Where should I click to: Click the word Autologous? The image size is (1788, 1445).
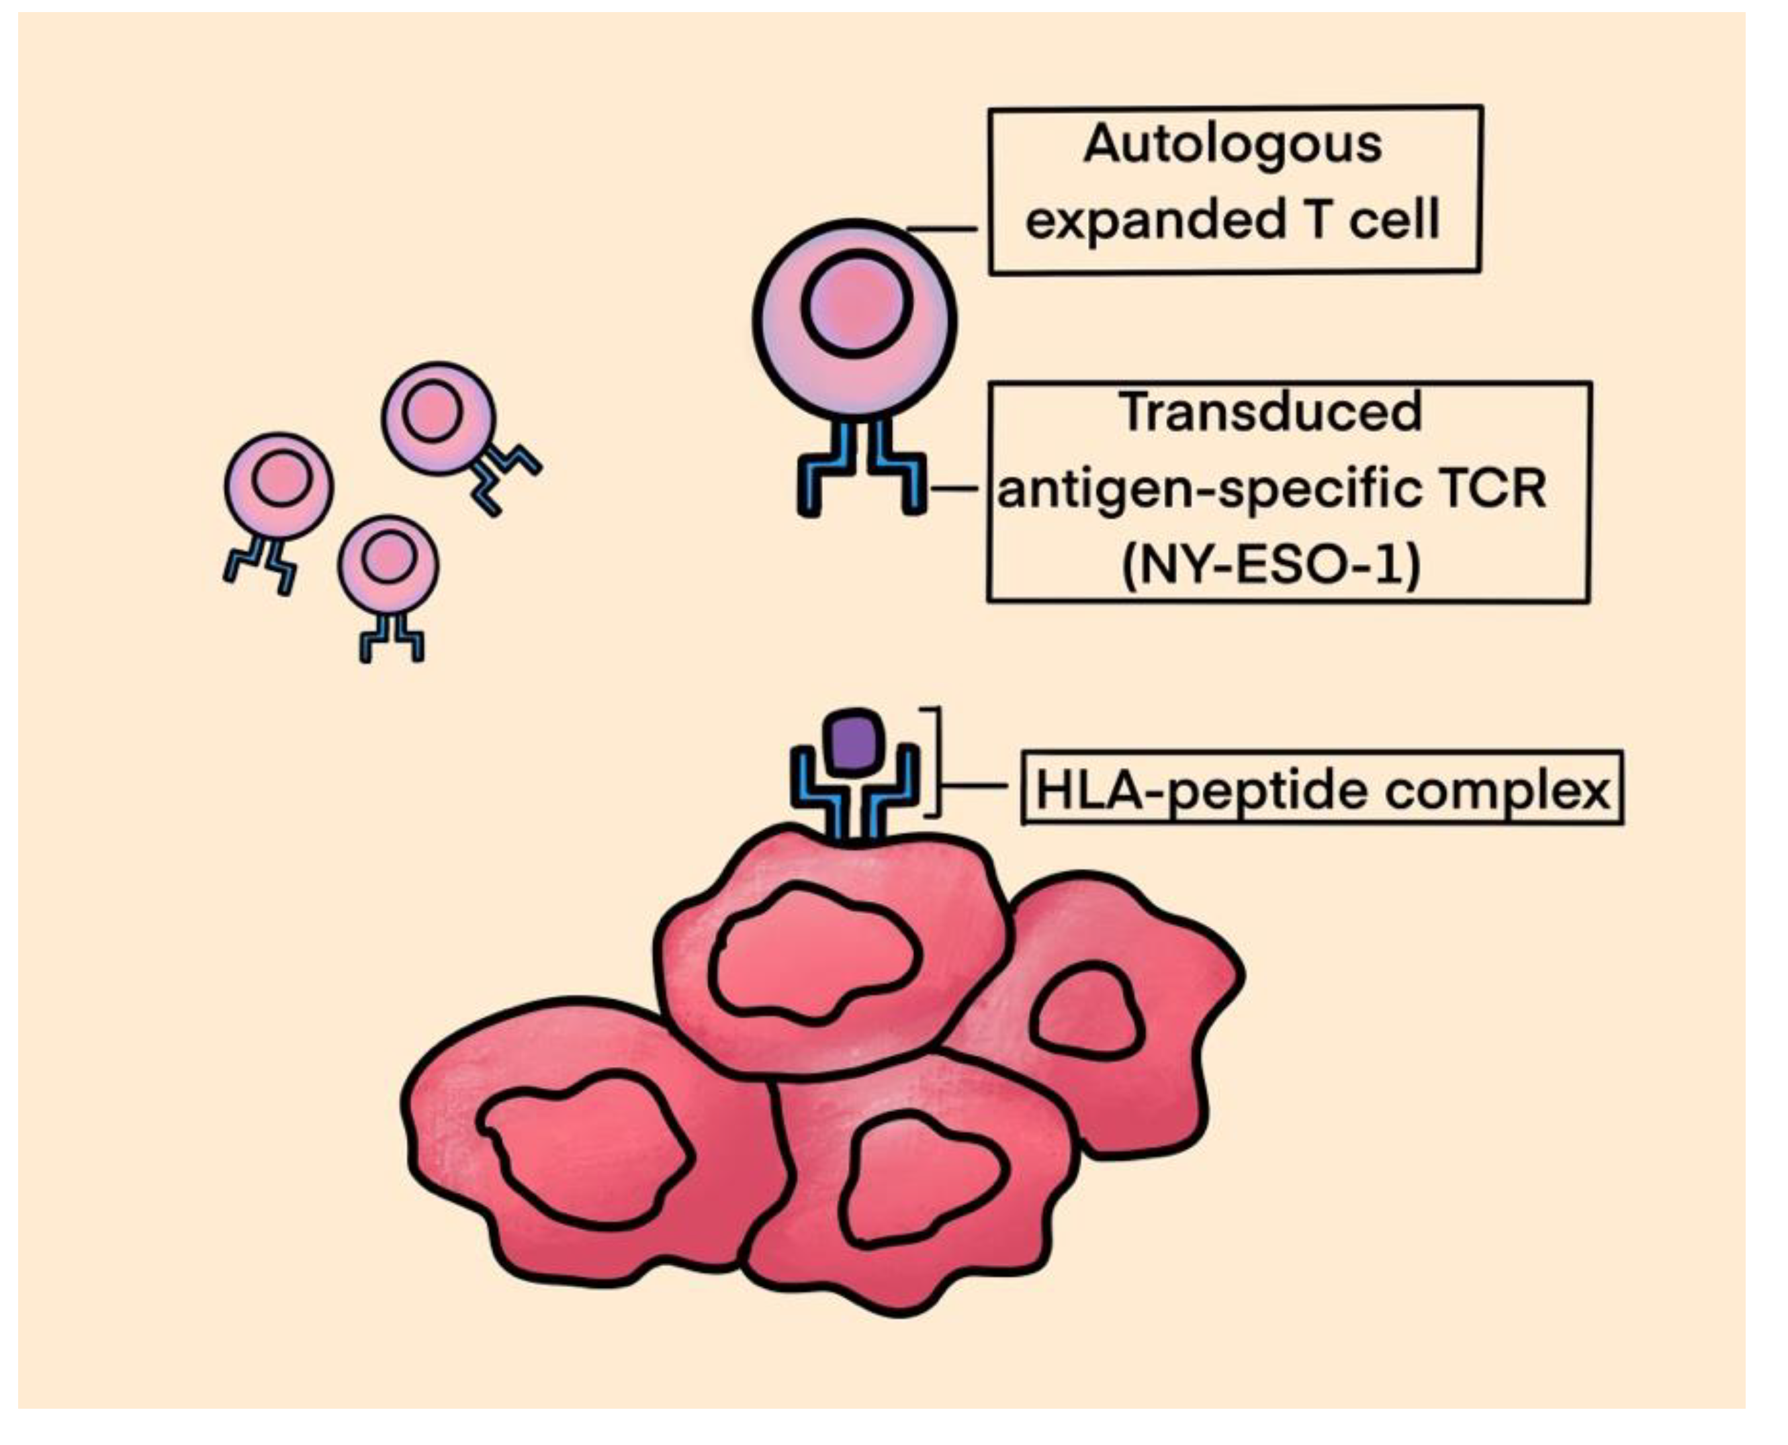pos(1232,145)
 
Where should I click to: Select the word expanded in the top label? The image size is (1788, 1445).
pos(1153,221)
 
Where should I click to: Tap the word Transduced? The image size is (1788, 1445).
pos(1270,412)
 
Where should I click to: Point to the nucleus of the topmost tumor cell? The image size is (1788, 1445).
pos(814,955)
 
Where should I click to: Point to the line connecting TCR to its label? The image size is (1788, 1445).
pos(956,490)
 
